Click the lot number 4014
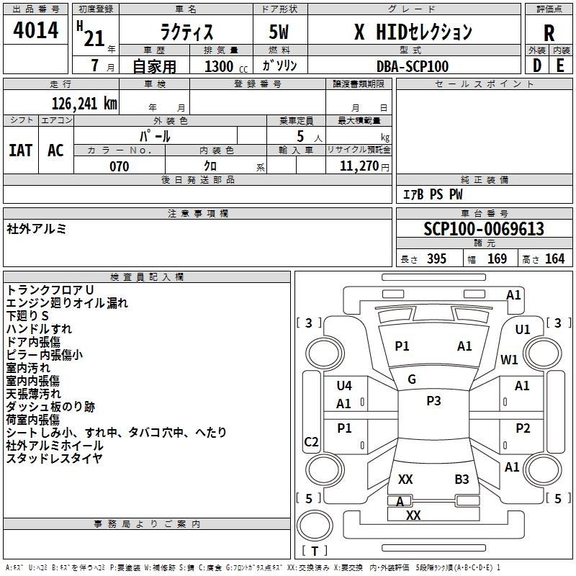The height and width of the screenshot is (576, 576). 35,30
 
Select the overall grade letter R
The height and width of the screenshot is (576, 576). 549,33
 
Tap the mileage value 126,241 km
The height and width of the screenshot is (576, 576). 84,104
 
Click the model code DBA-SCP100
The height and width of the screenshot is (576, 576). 413,66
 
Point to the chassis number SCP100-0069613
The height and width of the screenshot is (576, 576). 484,229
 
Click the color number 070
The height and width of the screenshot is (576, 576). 119,166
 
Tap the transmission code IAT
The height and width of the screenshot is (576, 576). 21,150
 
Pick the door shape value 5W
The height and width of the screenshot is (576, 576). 279,32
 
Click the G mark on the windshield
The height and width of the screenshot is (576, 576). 412,379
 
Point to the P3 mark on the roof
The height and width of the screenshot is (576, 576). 433,401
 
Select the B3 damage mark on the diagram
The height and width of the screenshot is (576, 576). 462,479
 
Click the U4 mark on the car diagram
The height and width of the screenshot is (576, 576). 344,385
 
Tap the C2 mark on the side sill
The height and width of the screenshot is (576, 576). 311,441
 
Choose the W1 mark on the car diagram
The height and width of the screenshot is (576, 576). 509,359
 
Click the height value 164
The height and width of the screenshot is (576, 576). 554,259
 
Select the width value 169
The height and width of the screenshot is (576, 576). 497,259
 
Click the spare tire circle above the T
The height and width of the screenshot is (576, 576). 315,526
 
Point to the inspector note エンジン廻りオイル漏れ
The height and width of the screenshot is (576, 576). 67,302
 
